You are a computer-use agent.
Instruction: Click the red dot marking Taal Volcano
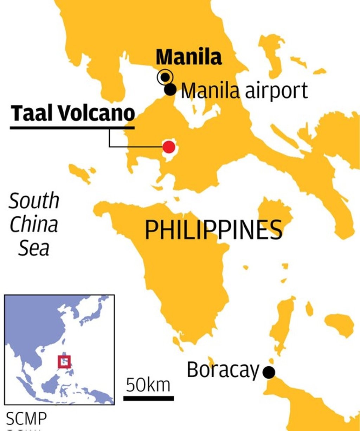click(x=169, y=147)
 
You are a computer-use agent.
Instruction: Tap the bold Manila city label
click(x=189, y=57)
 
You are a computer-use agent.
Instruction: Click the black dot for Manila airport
click(x=171, y=90)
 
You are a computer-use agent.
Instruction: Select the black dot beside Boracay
click(x=269, y=372)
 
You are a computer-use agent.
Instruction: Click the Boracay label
click(x=223, y=370)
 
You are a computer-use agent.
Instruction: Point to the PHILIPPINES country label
click(x=214, y=230)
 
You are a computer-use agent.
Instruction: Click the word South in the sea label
click(x=34, y=201)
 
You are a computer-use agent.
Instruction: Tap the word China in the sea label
click(x=34, y=224)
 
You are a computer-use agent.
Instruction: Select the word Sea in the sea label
click(x=34, y=248)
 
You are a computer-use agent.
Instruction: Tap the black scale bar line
click(x=148, y=398)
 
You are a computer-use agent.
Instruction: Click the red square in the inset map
click(x=64, y=362)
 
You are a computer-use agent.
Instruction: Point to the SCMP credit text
click(x=26, y=419)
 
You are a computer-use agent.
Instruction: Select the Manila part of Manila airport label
click(x=210, y=91)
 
